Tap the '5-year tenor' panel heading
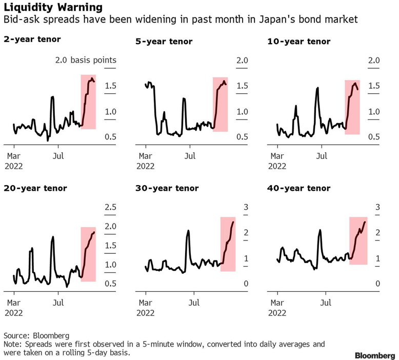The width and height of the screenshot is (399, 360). (164, 42)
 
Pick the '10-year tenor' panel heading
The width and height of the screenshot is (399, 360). (298, 42)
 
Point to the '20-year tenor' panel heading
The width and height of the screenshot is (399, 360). (35, 188)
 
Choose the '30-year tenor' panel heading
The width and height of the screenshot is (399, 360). (167, 188)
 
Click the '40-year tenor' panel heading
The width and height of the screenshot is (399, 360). (298, 188)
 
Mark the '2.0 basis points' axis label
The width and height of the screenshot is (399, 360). (86, 61)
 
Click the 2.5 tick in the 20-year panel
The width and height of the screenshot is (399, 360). (111, 207)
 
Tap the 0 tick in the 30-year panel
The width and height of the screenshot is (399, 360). (246, 284)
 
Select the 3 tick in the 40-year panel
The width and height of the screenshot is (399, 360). (377, 207)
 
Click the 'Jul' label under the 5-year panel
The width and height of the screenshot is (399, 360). (190, 155)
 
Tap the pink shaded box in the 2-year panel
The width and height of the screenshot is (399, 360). (88, 102)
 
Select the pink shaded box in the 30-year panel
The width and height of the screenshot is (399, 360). (228, 244)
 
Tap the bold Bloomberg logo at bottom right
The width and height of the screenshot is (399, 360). (374, 355)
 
